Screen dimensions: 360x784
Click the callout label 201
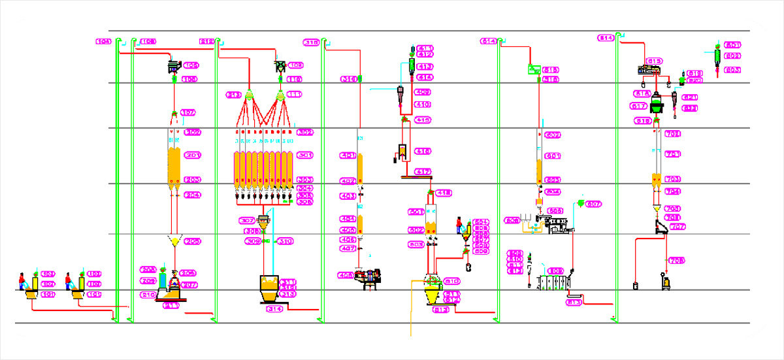click(192, 155)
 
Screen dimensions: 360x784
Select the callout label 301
click(304, 155)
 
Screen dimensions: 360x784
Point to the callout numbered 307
click(248, 220)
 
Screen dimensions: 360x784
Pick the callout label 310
click(285, 241)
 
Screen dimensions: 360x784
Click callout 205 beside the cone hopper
click(191, 241)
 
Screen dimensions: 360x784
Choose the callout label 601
click(415, 212)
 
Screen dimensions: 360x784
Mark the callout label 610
click(451, 281)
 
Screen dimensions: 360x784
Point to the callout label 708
click(676, 261)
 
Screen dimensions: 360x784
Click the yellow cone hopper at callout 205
click(174, 241)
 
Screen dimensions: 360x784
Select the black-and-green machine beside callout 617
click(657, 104)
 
